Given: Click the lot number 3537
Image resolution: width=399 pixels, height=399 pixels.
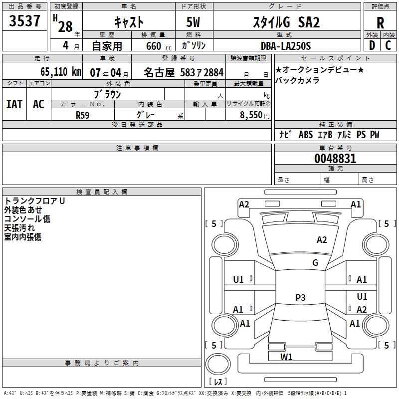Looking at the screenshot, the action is click(x=24, y=21).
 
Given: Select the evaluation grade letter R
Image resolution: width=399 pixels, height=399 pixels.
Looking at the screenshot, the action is click(x=380, y=23).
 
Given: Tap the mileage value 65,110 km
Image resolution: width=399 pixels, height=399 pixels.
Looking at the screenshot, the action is click(x=60, y=72).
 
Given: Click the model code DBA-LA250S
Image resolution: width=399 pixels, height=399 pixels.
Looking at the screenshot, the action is click(x=286, y=46).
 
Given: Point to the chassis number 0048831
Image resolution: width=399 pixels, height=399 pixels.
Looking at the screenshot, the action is click(x=335, y=159).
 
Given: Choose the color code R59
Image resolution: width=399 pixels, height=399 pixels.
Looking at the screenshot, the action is click(x=82, y=115).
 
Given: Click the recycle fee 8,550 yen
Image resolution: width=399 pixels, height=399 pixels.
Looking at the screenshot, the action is click(x=254, y=115).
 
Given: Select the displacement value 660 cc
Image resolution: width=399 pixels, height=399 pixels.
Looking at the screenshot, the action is click(x=159, y=46).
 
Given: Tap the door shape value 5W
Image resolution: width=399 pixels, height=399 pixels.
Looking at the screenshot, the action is click(x=193, y=22).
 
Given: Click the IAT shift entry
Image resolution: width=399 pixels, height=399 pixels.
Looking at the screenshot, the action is click(x=14, y=104).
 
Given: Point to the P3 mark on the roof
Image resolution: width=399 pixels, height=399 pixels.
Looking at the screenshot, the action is click(x=300, y=297).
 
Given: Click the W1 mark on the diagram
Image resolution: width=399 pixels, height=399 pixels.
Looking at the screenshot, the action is click(x=286, y=357).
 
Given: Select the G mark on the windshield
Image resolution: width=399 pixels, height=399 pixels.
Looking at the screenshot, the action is click(x=315, y=263).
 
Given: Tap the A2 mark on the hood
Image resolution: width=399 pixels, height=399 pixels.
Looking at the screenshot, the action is click(x=322, y=240).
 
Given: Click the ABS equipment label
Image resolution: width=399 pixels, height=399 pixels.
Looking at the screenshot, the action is click(x=306, y=135).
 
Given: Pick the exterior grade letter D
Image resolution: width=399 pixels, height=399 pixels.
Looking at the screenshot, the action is click(x=372, y=45).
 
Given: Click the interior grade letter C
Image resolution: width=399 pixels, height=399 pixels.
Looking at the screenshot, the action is click(x=388, y=45).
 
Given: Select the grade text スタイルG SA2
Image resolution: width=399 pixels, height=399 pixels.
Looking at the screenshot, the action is click(x=286, y=22).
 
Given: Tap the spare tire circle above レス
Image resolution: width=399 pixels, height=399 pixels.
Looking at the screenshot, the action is click(x=218, y=364).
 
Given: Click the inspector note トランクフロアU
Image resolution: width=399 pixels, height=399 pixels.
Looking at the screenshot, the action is click(x=34, y=201).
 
